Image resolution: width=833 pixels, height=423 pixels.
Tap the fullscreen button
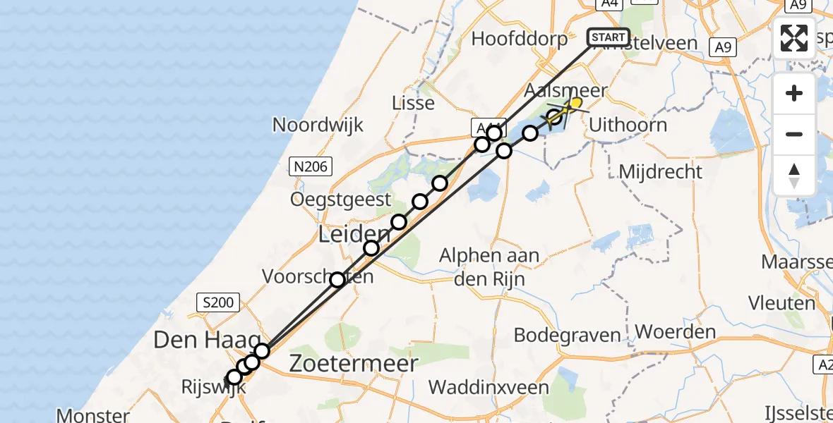[794, 38]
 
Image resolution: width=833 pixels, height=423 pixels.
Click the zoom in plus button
[794, 94]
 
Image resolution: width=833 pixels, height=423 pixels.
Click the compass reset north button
[794, 175]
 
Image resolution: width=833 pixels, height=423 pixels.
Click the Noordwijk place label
[318, 125]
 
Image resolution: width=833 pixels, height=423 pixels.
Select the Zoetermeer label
[354, 363]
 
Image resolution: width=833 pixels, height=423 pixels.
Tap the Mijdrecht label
[660, 171]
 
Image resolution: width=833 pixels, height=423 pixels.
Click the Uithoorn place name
[628, 125]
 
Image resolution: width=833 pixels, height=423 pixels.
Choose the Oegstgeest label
[340, 200]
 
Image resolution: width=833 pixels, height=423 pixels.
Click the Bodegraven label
[568, 334]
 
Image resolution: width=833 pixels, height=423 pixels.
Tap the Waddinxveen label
[489, 387]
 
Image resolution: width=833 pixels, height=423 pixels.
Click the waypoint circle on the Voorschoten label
[337, 280]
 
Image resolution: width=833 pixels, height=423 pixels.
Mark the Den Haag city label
[201, 341]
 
